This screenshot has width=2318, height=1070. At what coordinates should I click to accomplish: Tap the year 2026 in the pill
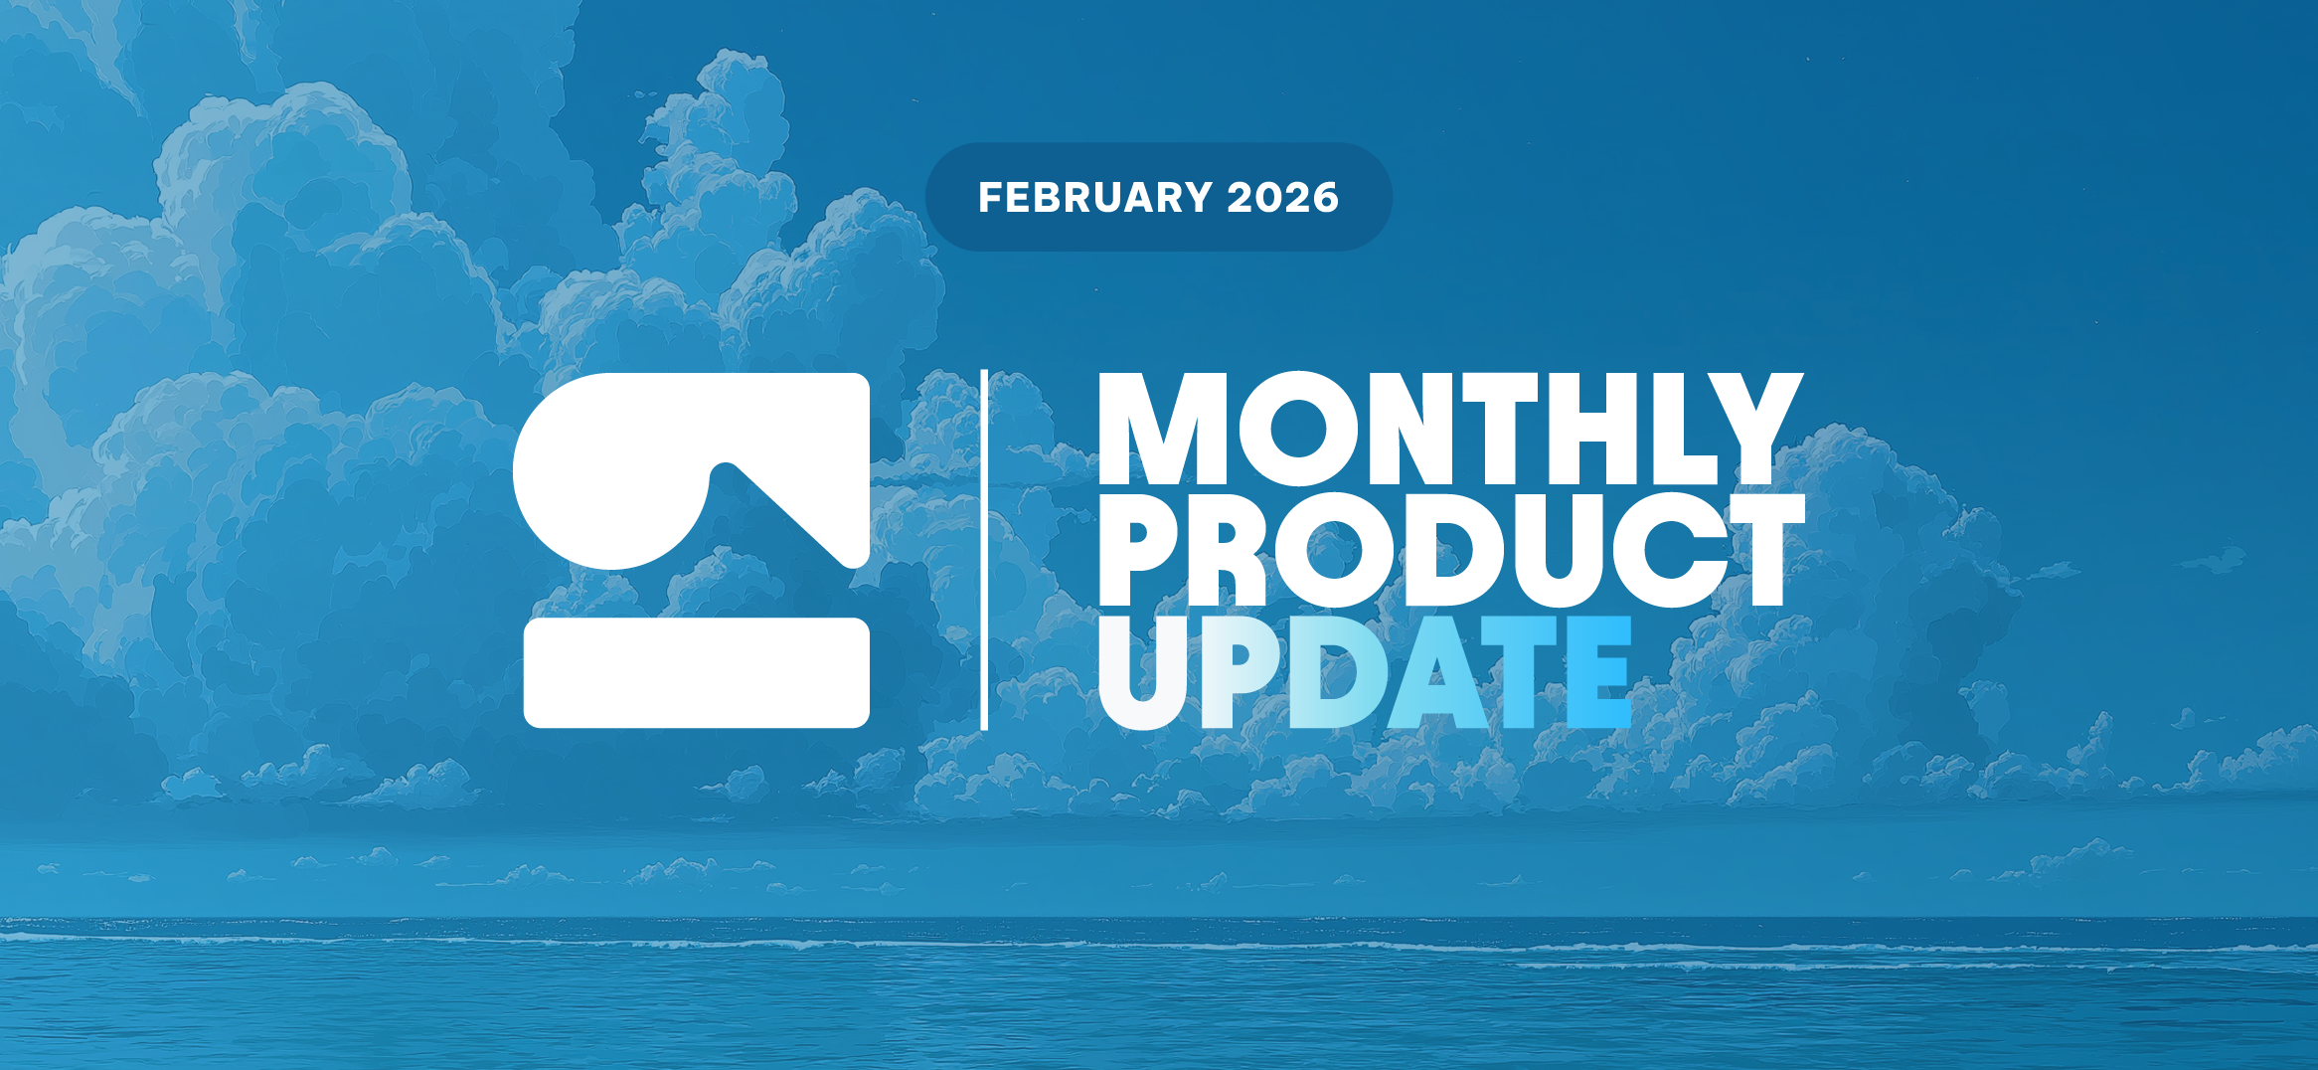(x=1283, y=197)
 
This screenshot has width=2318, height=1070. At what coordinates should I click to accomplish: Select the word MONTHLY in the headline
(x=1450, y=429)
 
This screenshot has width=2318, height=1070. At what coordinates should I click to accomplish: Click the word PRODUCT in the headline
(x=1451, y=549)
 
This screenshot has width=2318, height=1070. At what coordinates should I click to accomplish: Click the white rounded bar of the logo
(x=697, y=672)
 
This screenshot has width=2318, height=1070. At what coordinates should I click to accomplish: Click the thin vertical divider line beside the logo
(x=984, y=550)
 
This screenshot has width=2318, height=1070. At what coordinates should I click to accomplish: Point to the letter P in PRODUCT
(x=1143, y=549)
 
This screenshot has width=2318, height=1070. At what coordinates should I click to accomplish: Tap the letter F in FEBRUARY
(x=991, y=197)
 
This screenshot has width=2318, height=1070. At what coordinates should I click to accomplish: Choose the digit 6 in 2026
(x=1325, y=197)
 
